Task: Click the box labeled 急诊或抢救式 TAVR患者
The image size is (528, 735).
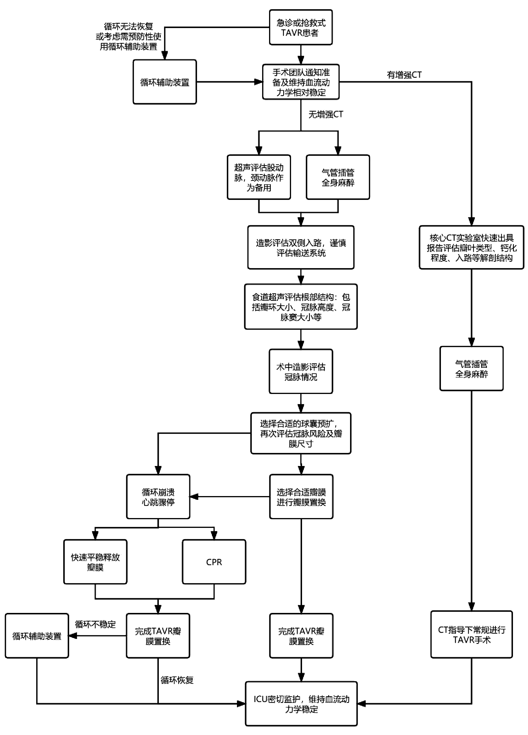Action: coord(301,27)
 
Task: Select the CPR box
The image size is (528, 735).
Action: coord(214,562)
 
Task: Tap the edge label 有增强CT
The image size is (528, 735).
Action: coord(404,75)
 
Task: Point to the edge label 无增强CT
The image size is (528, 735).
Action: coord(325,114)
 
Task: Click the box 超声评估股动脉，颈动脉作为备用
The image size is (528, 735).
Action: coord(259,177)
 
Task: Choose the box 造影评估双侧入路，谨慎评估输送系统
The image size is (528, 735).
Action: coord(301,247)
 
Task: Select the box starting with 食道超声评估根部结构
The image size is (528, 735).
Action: coord(301,307)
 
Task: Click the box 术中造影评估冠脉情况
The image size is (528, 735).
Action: coord(301,371)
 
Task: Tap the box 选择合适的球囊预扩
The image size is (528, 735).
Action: coord(301,433)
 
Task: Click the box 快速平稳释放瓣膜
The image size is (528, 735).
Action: coord(95,562)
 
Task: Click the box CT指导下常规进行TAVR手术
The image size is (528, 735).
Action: coord(471,635)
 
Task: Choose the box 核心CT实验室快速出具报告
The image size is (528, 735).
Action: coord(471,247)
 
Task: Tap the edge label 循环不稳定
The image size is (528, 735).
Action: coord(95,624)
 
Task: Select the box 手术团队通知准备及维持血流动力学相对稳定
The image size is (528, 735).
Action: coord(301,82)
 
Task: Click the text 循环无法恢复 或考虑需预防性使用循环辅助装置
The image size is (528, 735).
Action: coord(128,36)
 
